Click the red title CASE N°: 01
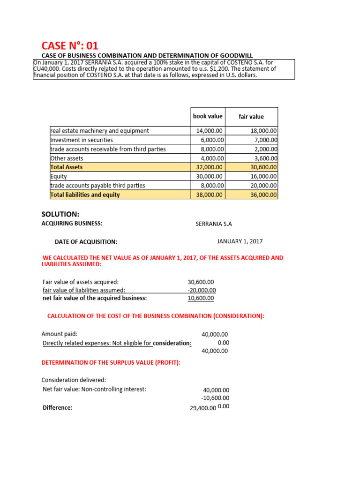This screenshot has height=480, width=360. [x=70, y=45]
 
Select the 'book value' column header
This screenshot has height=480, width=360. [x=208, y=116]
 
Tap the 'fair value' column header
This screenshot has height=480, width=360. [x=251, y=117]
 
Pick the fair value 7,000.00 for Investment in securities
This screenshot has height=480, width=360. [x=264, y=140]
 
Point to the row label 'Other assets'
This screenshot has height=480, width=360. [x=67, y=158]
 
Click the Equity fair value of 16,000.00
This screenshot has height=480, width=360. [x=264, y=177]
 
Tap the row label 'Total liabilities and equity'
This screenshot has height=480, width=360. [x=85, y=195]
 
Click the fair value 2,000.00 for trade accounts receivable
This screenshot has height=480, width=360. [x=264, y=150]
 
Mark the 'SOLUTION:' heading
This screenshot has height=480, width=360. [x=60, y=214]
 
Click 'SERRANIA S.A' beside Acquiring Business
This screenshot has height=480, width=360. [x=214, y=224]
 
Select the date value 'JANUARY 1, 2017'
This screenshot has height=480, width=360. [x=240, y=241]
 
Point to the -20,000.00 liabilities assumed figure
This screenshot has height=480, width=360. [x=202, y=290]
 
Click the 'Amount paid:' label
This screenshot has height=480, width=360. [x=59, y=334]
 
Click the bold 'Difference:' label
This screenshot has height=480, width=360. [x=57, y=408]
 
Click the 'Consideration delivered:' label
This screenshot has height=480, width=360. [x=74, y=380]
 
